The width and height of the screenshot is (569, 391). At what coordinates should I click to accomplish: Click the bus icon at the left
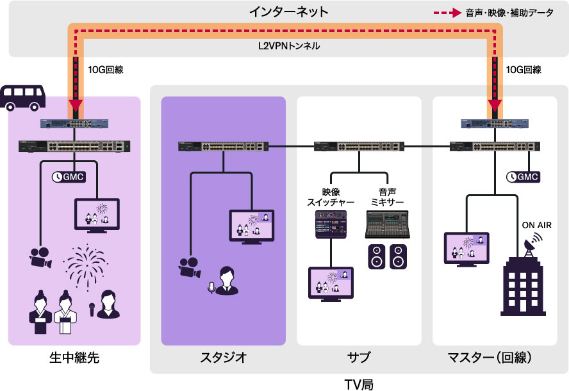pyautogui.click(x=24, y=97)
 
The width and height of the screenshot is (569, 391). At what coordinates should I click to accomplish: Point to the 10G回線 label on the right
pyautogui.click(x=524, y=69)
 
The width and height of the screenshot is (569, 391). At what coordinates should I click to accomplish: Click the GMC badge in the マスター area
pyautogui.click(x=522, y=176)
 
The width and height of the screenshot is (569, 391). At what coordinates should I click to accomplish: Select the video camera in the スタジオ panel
pyautogui.click(x=191, y=268)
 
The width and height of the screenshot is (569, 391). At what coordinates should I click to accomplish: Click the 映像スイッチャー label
pyautogui.click(x=329, y=196)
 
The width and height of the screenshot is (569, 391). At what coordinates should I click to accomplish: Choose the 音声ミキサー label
pyautogui.click(x=387, y=196)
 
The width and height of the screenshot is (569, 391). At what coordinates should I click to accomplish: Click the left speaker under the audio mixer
pyautogui.click(x=376, y=256)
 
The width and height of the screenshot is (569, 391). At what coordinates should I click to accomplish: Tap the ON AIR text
pyautogui.click(x=536, y=225)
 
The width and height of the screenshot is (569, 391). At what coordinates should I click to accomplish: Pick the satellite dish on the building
pyautogui.click(x=531, y=243)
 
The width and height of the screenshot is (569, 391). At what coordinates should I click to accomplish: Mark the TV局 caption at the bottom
pyautogui.click(x=359, y=383)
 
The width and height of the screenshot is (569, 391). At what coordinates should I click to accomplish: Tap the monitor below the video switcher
pyautogui.click(x=331, y=284)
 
